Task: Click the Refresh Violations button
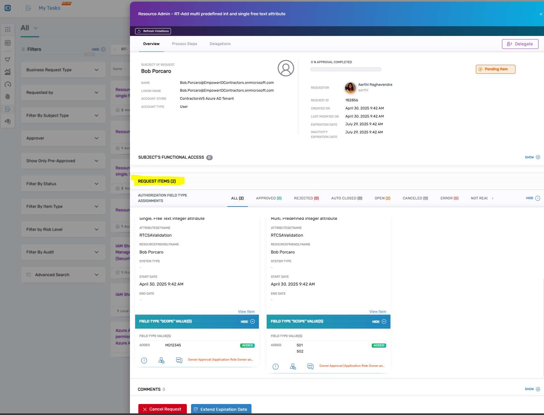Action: (x=153, y=31)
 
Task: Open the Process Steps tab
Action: (x=184, y=44)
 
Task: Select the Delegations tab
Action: (x=220, y=44)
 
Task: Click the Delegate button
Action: (x=520, y=44)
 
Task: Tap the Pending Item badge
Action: (x=495, y=69)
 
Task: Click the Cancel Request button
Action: (x=162, y=409)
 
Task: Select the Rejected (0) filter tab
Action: (x=306, y=198)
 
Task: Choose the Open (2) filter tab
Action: (x=382, y=198)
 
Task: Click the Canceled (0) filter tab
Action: (x=415, y=198)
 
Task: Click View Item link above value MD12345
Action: (x=246, y=311)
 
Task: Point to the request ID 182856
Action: (x=351, y=100)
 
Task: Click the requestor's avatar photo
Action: (x=350, y=87)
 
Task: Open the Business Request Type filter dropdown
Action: (x=63, y=70)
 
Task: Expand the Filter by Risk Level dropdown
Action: (x=63, y=230)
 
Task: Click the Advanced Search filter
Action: (x=63, y=275)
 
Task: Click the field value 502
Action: (x=300, y=351)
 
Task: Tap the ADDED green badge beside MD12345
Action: (x=247, y=345)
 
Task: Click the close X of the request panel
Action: (x=541, y=14)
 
